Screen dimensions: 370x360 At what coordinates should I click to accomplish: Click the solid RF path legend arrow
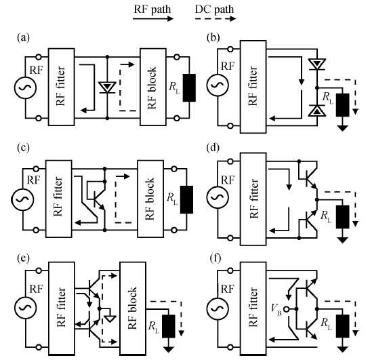click(153, 18)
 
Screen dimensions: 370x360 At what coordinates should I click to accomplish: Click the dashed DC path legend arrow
click(215, 18)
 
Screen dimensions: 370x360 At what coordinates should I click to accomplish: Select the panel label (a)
click(23, 37)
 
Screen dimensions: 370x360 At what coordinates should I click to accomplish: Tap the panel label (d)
click(213, 148)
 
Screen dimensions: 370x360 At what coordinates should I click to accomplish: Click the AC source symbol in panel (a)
click(25, 87)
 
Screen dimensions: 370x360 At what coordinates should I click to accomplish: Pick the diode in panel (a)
click(107, 87)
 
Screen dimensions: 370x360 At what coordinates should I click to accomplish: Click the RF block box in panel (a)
click(153, 87)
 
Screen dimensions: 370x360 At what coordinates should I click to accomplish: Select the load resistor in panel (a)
click(189, 88)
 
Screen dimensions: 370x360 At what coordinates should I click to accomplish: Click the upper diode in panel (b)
click(317, 64)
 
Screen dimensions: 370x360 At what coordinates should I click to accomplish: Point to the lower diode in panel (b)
click(317, 111)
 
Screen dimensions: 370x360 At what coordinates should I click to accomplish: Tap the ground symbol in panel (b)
click(343, 128)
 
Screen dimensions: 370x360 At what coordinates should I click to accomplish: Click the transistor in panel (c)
click(99, 199)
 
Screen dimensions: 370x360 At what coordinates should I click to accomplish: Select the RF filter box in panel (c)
click(58, 199)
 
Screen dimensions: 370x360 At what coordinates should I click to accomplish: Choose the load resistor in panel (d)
click(343, 217)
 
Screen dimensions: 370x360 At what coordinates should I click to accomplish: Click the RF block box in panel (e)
click(133, 308)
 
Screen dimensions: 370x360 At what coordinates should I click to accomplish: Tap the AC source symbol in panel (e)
click(25, 308)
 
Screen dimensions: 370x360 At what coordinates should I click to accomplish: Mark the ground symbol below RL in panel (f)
click(343, 349)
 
